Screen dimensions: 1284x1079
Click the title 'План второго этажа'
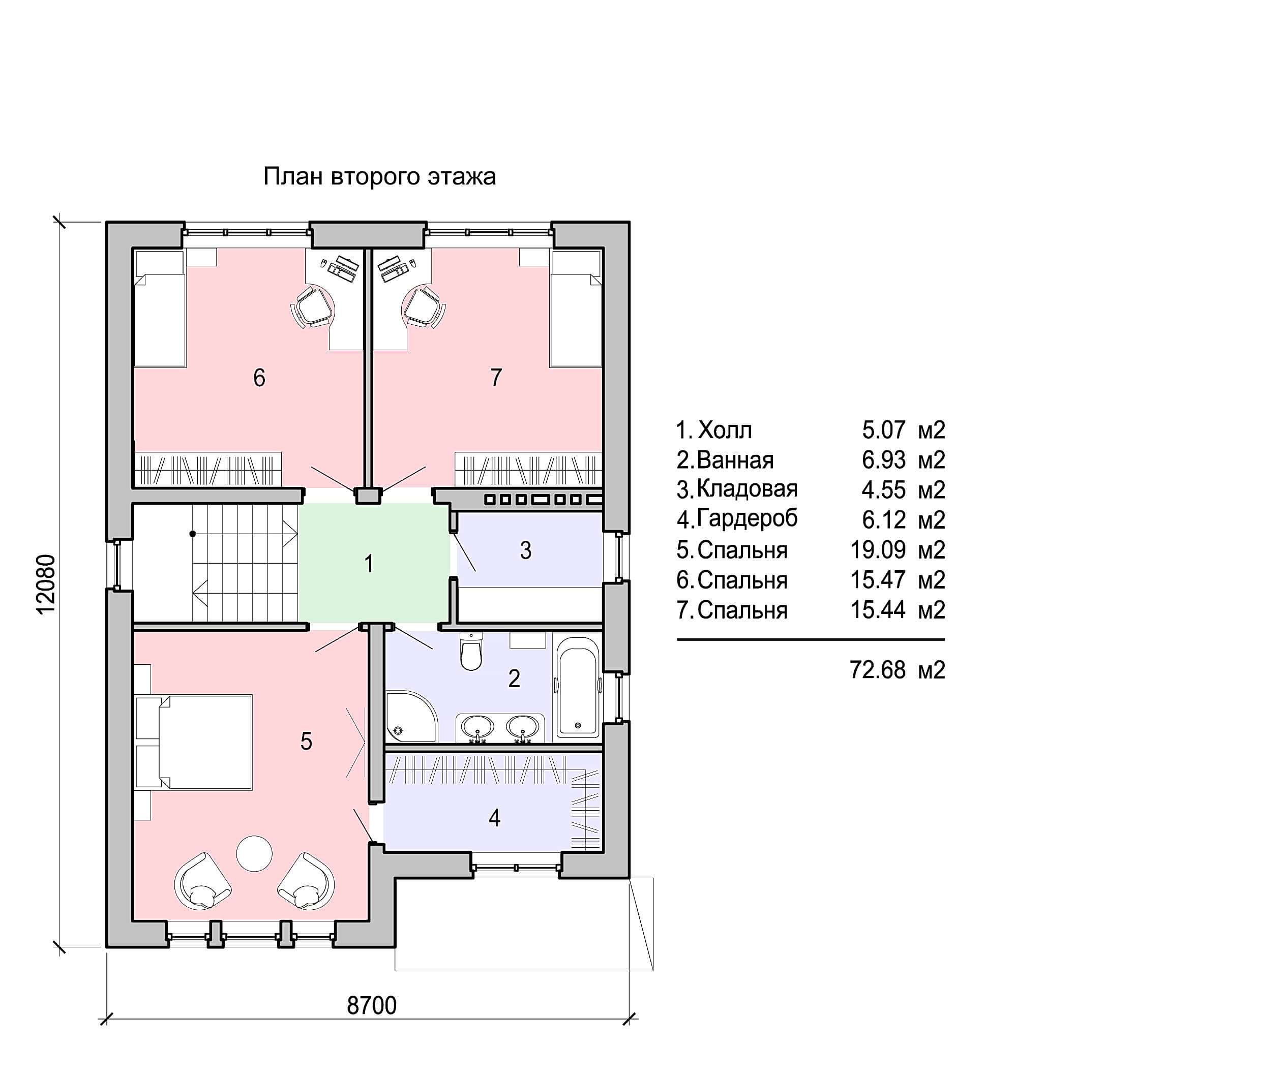tap(379, 177)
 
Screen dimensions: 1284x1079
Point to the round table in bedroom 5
tap(254, 853)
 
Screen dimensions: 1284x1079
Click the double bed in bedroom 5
tap(205, 742)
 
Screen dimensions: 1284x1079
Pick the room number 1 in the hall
tap(369, 563)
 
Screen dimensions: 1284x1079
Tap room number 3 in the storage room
tap(526, 550)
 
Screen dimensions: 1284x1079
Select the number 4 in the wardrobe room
tap(494, 818)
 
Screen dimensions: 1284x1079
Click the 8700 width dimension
tap(372, 1005)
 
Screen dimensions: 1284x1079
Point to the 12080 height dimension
tap(46, 584)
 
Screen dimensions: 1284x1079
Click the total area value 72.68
tap(878, 670)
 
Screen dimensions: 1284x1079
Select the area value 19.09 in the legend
tap(878, 550)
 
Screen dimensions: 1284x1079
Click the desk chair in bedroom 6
tap(313, 306)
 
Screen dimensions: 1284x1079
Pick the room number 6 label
tap(259, 378)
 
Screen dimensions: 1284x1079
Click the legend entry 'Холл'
tap(725, 430)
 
